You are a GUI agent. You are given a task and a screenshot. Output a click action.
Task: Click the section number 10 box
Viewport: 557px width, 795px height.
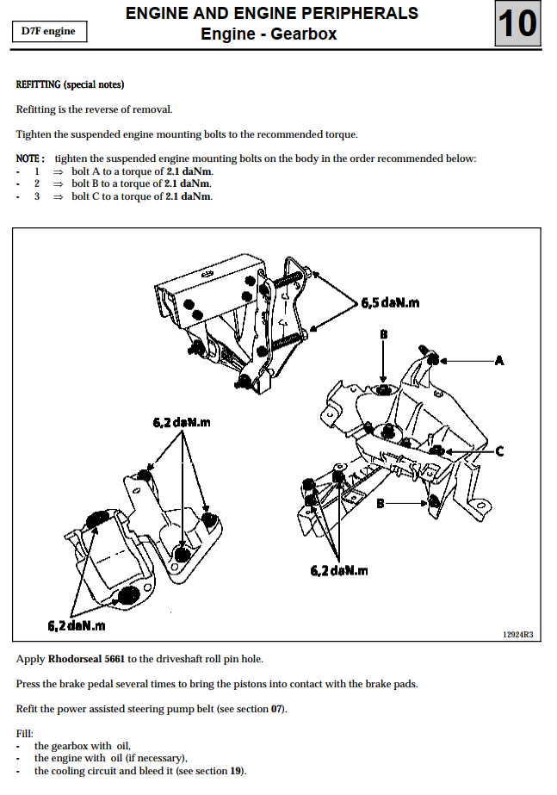click(x=518, y=24)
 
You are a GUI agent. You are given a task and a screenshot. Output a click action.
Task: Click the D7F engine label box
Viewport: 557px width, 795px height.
click(x=48, y=32)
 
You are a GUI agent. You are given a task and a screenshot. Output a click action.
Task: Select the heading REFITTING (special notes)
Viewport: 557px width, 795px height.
click(x=71, y=84)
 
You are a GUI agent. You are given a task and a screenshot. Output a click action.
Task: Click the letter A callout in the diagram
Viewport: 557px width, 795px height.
click(x=498, y=361)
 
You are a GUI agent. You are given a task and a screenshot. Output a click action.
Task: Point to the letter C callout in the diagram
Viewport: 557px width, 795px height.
click(x=499, y=450)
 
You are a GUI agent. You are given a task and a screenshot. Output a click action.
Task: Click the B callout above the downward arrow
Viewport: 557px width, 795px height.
click(x=384, y=332)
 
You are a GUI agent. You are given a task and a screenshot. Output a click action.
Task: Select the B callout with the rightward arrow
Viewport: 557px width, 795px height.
click(x=380, y=503)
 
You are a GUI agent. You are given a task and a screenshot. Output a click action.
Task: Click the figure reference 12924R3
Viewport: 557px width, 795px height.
click(x=517, y=635)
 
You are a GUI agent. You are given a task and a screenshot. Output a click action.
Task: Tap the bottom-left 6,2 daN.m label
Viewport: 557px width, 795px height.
click(x=77, y=624)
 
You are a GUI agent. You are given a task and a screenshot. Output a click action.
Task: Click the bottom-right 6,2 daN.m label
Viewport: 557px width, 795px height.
click(x=339, y=570)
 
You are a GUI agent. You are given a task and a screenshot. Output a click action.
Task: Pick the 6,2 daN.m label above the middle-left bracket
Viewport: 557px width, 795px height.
click(x=182, y=422)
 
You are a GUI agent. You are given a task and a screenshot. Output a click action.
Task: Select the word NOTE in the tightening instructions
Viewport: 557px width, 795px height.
click(x=29, y=158)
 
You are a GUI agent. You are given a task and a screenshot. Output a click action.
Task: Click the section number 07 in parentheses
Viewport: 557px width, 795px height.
click(x=275, y=709)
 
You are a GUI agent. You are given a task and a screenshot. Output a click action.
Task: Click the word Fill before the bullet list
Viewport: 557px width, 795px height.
click(x=24, y=733)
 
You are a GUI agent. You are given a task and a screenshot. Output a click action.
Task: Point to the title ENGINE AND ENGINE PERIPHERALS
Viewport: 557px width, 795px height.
click(x=272, y=13)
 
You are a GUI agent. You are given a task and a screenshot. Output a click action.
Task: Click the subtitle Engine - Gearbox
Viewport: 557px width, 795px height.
click(x=269, y=34)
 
